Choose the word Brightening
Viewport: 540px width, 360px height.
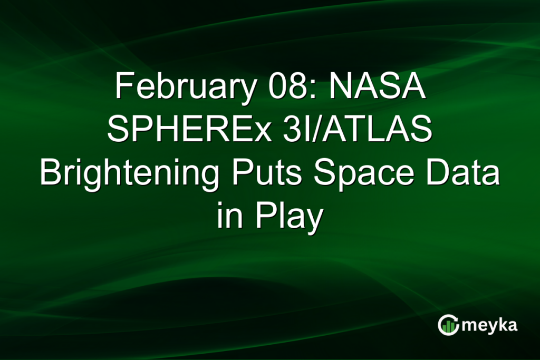(129, 174)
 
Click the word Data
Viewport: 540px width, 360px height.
(464, 174)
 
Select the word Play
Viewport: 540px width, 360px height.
(287, 218)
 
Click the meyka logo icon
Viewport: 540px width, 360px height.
(448, 325)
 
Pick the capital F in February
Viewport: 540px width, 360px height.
(122, 86)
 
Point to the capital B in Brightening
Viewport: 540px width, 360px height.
(50, 174)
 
